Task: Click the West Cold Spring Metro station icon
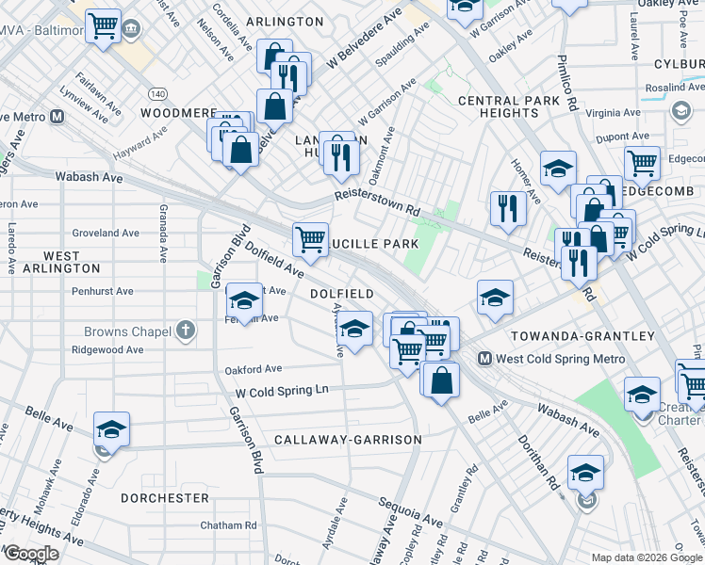point(485,359)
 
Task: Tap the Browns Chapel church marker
point(187,331)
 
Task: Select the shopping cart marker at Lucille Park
point(310,239)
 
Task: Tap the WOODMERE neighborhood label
point(178,113)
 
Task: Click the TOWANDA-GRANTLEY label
point(582,336)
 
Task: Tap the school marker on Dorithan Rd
point(584,471)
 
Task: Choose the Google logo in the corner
point(30,554)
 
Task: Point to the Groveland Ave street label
point(106,233)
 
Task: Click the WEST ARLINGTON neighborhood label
point(61,263)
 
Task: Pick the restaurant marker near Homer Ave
point(508,207)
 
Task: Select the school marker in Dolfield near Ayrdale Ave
point(354,329)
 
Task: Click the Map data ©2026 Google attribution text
point(646,557)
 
